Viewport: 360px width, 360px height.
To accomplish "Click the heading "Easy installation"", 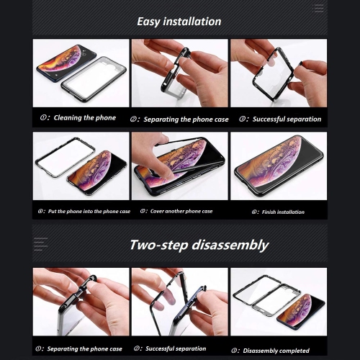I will [179, 22].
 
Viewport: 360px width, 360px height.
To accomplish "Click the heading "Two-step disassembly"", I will [199, 245].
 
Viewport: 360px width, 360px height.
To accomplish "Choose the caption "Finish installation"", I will [282, 212].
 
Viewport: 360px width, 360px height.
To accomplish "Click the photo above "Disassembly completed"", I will [278, 302].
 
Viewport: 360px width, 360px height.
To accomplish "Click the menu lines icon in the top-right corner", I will [319, 9].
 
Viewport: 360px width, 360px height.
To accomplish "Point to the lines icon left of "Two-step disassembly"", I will [40, 244].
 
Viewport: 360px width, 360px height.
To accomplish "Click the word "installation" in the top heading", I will [197, 22].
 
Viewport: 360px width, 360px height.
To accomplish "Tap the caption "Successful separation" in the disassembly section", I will [176, 348].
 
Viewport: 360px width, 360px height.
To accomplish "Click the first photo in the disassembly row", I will [81, 302].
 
